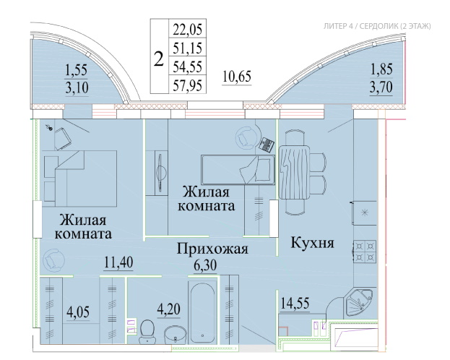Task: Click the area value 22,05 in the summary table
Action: [187, 30]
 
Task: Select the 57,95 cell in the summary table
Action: [187, 85]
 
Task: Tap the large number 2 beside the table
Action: [159, 59]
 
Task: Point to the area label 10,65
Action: [237, 77]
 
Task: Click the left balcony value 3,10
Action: [77, 87]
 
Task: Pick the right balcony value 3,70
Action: [381, 87]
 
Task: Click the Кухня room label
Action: [313, 243]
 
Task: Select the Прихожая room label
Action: [212, 249]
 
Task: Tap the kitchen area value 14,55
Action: [295, 303]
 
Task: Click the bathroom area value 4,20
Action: [168, 309]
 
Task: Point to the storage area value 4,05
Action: [78, 312]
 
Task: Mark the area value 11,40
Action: [118, 262]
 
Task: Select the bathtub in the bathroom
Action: [202, 312]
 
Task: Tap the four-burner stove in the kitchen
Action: [365, 252]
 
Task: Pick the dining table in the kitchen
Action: [295, 173]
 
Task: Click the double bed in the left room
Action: [81, 179]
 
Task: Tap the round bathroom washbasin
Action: [176, 334]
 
